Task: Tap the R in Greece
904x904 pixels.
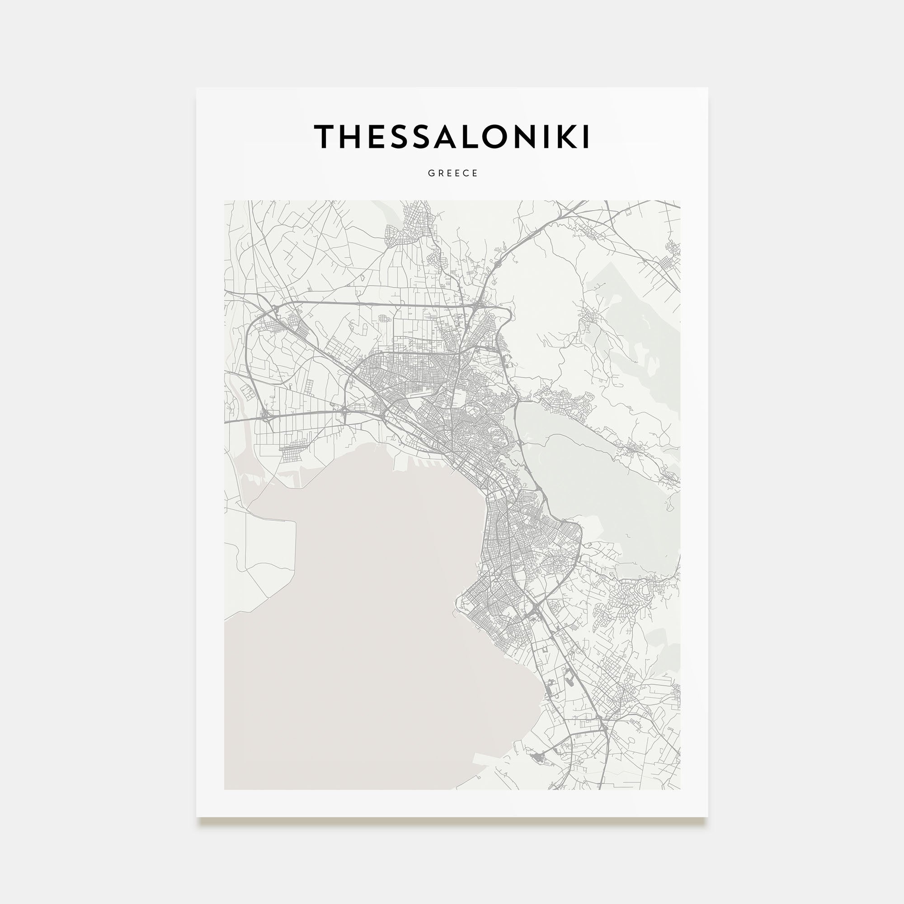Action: (x=440, y=173)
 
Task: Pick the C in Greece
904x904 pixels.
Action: (x=466, y=173)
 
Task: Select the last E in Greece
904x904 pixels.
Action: (x=476, y=173)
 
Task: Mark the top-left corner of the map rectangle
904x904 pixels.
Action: (x=225, y=201)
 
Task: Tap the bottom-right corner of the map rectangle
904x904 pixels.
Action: (x=680, y=789)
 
